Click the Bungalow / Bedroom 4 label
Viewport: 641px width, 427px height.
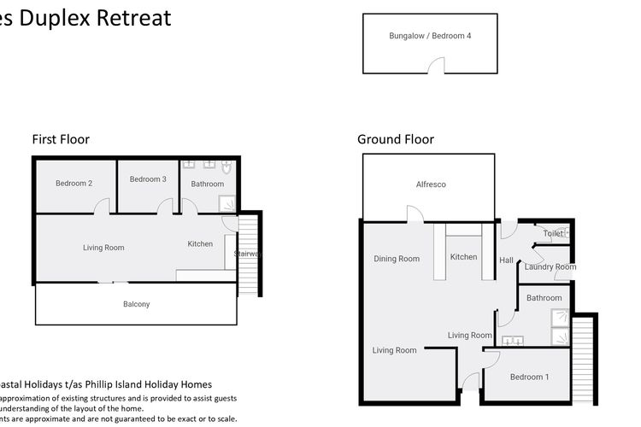pyautogui.click(x=430, y=36)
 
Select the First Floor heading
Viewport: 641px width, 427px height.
pyautogui.click(x=61, y=139)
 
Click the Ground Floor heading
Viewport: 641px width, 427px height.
pyautogui.click(x=395, y=139)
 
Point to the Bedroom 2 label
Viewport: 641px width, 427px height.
pyautogui.click(x=74, y=184)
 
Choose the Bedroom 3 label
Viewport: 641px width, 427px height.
pyautogui.click(x=148, y=179)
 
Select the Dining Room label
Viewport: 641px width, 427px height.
pyautogui.click(x=397, y=259)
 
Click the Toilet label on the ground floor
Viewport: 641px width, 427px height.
pyautogui.click(x=552, y=233)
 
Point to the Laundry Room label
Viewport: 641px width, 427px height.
pyautogui.click(x=550, y=267)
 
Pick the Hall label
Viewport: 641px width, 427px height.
pyautogui.click(x=506, y=260)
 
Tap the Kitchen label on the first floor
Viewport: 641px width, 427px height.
pyautogui.click(x=200, y=244)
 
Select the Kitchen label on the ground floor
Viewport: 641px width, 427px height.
pyautogui.click(x=463, y=257)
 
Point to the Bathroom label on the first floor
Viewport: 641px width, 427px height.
pyautogui.click(x=207, y=184)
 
